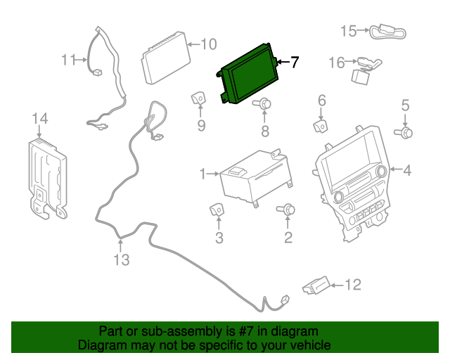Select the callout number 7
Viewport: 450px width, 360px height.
pyautogui.click(x=294, y=63)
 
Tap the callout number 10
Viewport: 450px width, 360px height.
pyautogui.click(x=208, y=44)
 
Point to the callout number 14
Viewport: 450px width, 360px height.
pyautogui.click(x=40, y=118)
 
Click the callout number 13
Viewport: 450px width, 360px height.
pyautogui.click(x=122, y=260)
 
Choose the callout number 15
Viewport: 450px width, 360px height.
pyautogui.click(x=349, y=31)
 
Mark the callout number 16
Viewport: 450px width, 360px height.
pyautogui.click(x=337, y=63)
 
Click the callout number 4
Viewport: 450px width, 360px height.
pyautogui.click(x=407, y=169)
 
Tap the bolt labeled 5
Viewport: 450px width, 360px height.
pyautogui.click(x=406, y=131)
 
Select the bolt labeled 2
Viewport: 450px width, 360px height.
pyautogui.click(x=288, y=210)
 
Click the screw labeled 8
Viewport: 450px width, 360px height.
pyautogui.click(x=264, y=105)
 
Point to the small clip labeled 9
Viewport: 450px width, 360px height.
pyautogui.click(x=199, y=98)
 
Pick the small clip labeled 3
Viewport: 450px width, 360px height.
pyautogui.click(x=217, y=209)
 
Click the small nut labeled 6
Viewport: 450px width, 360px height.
pyautogui.click(x=320, y=126)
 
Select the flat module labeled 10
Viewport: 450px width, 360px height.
pyautogui.click(x=166, y=57)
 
